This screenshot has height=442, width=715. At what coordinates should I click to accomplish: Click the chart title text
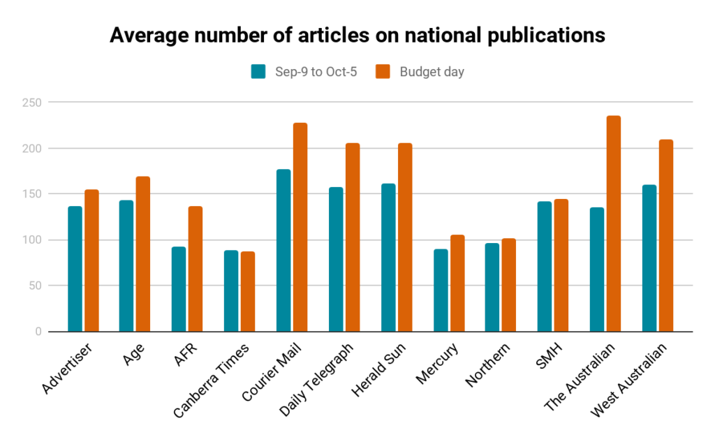point(357,36)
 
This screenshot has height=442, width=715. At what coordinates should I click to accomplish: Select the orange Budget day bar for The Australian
point(614,223)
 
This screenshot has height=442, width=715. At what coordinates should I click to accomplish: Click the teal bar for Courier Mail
point(283,250)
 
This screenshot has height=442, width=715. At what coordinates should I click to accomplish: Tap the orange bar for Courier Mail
point(300,227)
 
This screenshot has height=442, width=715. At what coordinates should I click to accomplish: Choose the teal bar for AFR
point(179,289)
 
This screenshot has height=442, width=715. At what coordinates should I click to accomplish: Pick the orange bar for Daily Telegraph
point(353,237)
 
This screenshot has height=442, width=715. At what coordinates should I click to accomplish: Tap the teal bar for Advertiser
point(75,269)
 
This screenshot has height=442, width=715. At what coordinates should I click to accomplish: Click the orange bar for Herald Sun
point(405,237)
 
